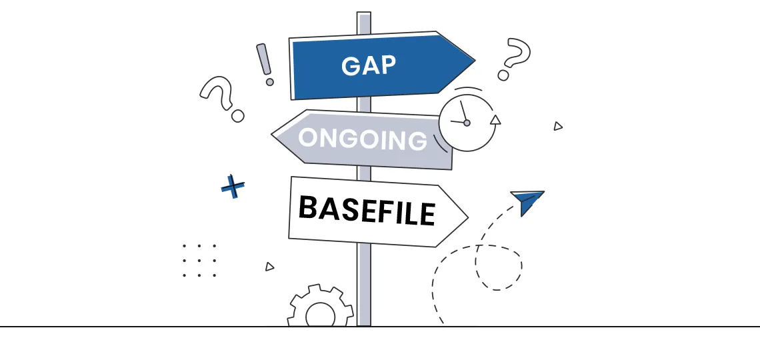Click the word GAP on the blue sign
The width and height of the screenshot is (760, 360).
(369, 66)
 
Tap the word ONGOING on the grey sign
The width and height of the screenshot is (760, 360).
(363, 139)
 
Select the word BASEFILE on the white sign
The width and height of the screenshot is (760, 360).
(367, 210)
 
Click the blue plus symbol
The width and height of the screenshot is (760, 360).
(233, 187)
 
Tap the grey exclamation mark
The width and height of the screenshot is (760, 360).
(265, 65)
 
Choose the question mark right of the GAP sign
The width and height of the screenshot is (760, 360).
(514, 59)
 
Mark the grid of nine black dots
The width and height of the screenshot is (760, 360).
(199, 261)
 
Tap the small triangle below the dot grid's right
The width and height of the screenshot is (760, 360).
(269, 267)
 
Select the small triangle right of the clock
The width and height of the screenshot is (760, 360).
(558, 126)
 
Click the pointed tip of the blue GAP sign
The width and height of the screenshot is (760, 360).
(475, 61)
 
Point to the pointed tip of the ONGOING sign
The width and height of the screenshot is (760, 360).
(271, 135)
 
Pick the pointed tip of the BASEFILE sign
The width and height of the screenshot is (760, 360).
(468, 217)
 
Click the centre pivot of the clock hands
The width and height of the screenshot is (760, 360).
(467, 123)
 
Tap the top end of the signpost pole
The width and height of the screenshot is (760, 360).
(364, 13)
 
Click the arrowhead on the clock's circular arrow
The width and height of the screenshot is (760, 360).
(495, 120)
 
